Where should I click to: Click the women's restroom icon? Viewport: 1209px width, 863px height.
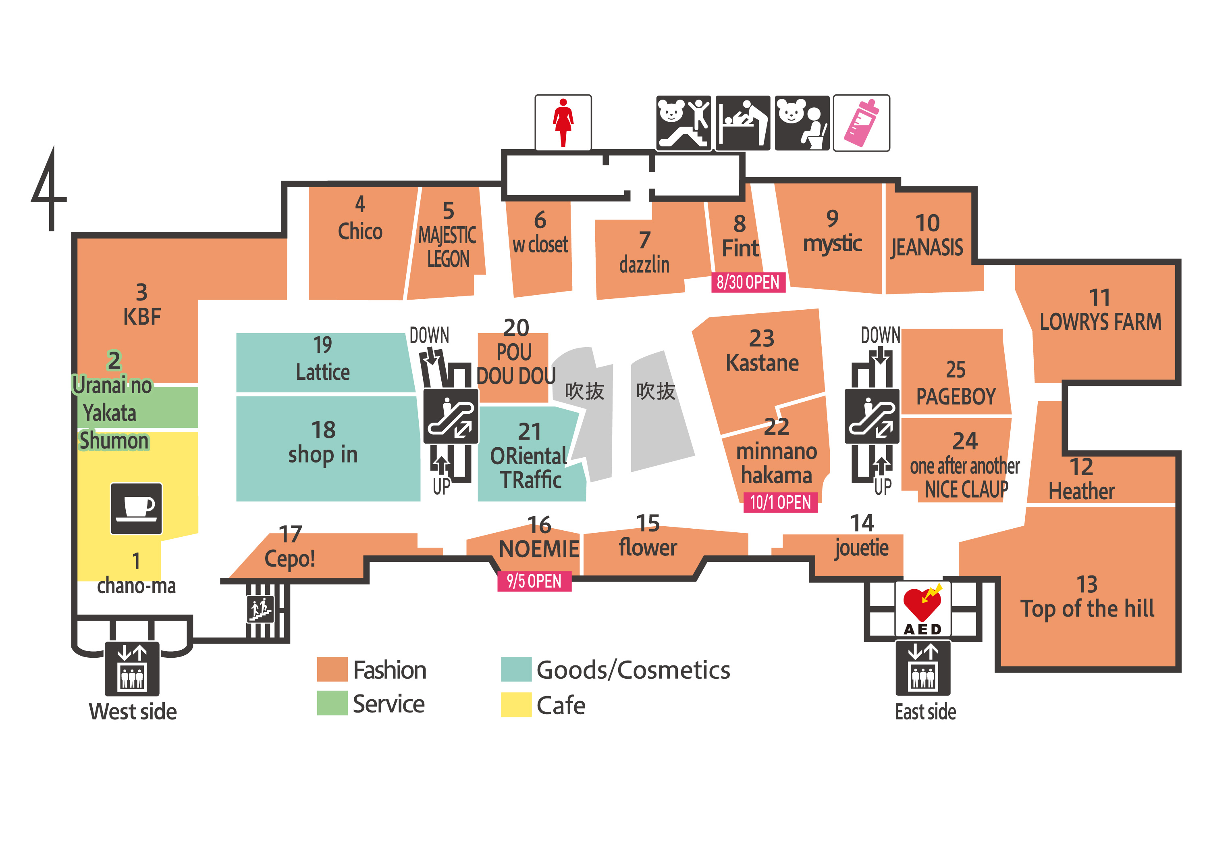[x=563, y=123]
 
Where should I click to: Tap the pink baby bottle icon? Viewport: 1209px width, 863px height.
[x=861, y=123]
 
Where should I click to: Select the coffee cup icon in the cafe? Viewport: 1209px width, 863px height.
[x=136, y=508]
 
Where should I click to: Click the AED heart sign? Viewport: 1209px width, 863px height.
[x=922, y=608]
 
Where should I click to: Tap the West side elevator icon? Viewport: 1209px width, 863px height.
[x=132, y=668]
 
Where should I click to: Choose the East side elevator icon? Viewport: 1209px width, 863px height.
[x=922, y=667]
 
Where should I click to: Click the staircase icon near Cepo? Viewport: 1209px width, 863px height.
[x=260, y=609]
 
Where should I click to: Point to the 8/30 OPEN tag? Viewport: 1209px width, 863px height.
[x=748, y=282]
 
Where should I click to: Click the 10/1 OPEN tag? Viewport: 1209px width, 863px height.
[x=779, y=502]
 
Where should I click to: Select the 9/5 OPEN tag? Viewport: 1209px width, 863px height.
[x=534, y=581]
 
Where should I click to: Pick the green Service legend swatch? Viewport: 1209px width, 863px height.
[x=332, y=702]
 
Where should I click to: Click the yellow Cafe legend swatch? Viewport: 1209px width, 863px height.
[x=515, y=704]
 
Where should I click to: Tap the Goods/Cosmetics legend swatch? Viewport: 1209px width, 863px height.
[x=515, y=669]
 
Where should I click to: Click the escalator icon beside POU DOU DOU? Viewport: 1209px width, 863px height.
[x=450, y=416]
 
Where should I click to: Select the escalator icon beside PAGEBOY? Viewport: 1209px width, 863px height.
[x=871, y=416]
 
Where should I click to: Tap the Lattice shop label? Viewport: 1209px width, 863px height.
[x=322, y=371]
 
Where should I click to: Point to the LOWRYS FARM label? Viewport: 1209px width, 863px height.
[x=1100, y=321]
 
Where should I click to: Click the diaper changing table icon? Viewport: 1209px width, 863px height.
[x=742, y=123]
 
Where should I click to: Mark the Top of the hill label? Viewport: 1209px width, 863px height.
[x=1086, y=609]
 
